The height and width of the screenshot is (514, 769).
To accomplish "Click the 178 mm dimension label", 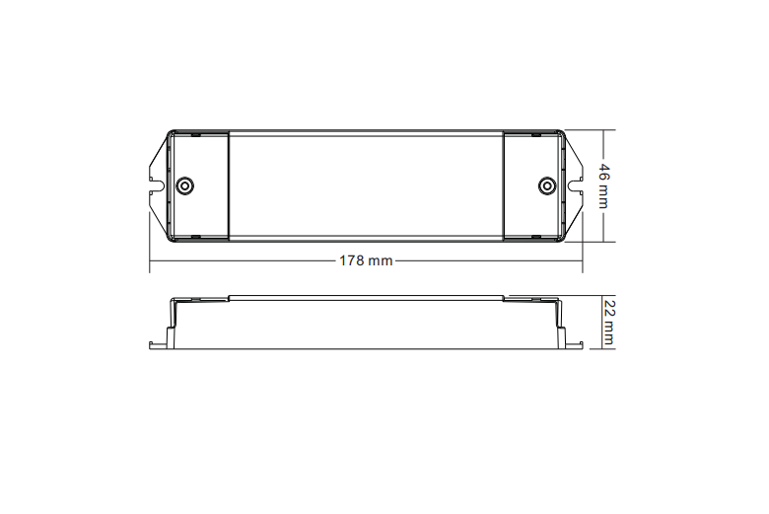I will (366, 261).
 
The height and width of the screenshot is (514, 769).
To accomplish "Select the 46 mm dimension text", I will (603, 184).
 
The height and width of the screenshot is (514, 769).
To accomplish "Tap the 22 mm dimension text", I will (608, 323).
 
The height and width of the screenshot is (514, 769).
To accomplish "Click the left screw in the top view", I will (183, 185).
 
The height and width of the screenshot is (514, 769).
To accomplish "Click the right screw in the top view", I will (546, 185).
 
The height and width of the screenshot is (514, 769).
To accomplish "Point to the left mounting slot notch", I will (155, 182).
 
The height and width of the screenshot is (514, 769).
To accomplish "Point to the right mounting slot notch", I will (576, 182).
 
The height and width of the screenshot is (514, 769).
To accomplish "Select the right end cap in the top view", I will (533, 185).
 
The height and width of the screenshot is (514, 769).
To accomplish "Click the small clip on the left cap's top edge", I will (195, 132).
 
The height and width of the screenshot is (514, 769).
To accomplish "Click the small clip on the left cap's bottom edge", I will (195, 238).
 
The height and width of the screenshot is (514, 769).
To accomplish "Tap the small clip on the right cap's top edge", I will (535, 132).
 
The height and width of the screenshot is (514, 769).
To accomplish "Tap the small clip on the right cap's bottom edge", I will (535, 238).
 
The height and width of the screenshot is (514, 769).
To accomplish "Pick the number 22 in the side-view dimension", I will (608, 310).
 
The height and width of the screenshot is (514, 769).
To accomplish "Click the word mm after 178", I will (381, 261).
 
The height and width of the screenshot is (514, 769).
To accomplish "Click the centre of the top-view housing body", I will (366, 185).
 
